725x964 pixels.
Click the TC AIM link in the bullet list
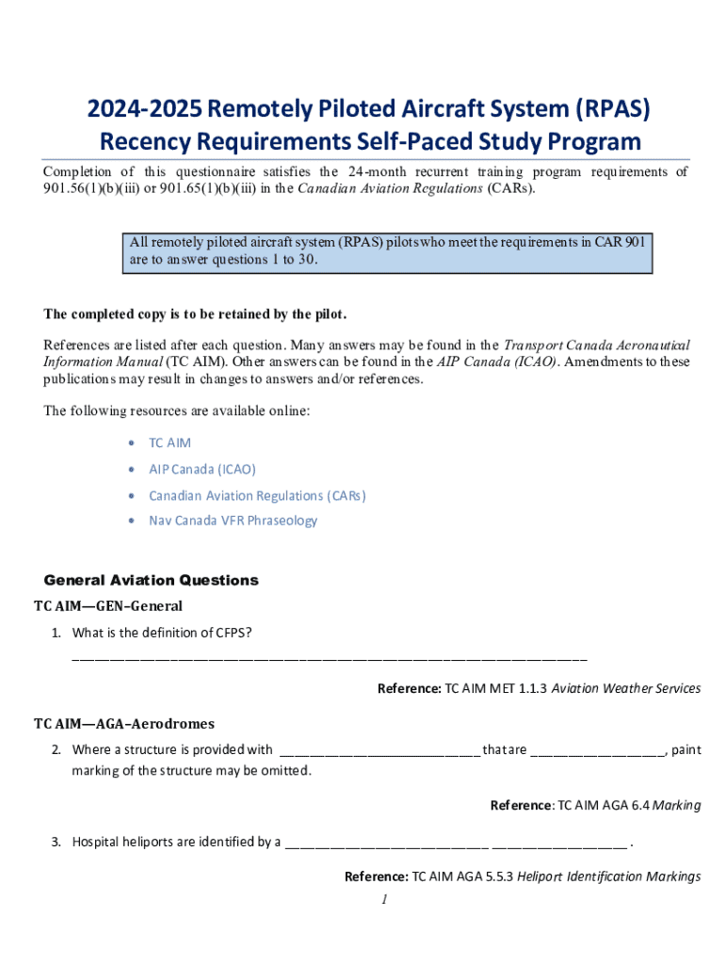click(x=169, y=442)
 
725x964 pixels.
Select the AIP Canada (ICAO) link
click(x=201, y=469)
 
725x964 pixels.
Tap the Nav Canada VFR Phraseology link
click(x=233, y=521)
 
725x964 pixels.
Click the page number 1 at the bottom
click(x=385, y=900)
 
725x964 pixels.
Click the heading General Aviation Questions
click(x=151, y=580)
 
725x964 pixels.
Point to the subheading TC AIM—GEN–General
click(x=108, y=605)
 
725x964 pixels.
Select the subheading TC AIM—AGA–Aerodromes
click(x=124, y=724)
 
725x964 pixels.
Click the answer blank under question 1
click(x=329, y=656)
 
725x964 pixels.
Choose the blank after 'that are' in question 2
click(x=599, y=750)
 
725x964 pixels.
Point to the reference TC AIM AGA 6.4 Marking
click(x=595, y=805)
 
